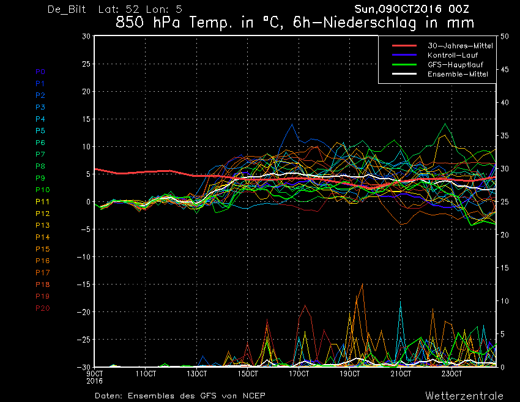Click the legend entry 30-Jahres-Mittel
pyautogui.click(x=460, y=46)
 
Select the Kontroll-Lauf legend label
pyautogui.click(x=452, y=55)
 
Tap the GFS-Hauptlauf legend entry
pyautogui.click(x=455, y=64)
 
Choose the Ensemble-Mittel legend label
pyautogui.click(x=458, y=74)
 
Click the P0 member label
pyautogui.click(x=40, y=72)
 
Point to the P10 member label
pyautogui.click(x=42, y=190)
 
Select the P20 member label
pyautogui.click(x=42, y=308)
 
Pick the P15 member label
pyautogui.click(x=42, y=249)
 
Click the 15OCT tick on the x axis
pyautogui.click(x=248, y=374)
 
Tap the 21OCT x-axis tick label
pyautogui.click(x=401, y=374)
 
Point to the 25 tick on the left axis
pyautogui.click(x=86, y=64)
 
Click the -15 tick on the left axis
pyautogui.click(x=84, y=285)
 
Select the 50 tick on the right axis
pyautogui.click(x=505, y=37)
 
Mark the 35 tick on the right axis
pyautogui.click(x=505, y=136)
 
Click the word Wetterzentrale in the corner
pyautogui.click(x=464, y=396)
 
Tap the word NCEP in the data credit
pyautogui.click(x=254, y=396)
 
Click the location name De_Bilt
pyautogui.click(x=67, y=9)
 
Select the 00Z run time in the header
pyautogui.click(x=459, y=9)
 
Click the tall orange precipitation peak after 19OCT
pyautogui.click(x=362, y=285)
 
